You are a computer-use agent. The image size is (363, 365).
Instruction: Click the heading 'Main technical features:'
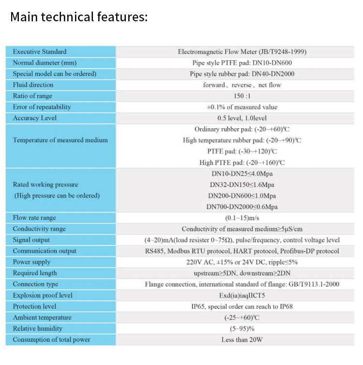(x=79, y=17)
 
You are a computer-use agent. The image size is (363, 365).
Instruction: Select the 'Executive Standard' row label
(x=40, y=52)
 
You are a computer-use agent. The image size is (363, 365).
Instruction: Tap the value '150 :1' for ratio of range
(x=242, y=96)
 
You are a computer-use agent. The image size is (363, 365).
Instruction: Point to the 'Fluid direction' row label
(x=33, y=85)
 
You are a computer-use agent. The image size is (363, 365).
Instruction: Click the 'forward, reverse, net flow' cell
(x=242, y=85)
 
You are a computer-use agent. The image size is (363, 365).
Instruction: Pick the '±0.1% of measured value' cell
(x=242, y=107)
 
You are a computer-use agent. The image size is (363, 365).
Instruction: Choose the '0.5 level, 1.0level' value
(x=242, y=118)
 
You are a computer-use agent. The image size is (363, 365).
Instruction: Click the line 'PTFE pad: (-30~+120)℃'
(x=242, y=152)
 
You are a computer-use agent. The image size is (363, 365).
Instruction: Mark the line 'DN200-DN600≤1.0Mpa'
(x=242, y=196)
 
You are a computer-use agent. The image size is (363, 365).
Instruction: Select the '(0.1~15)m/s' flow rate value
(x=242, y=218)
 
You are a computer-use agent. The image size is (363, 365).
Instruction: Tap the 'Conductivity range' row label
(x=39, y=229)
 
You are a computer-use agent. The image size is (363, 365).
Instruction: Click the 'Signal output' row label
(x=31, y=240)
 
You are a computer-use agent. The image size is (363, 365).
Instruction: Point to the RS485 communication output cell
(x=242, y=251)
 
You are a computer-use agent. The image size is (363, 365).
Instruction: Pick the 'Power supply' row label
(x=31, y=262)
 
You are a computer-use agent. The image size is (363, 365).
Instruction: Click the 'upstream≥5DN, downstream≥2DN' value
(x=242, y=273)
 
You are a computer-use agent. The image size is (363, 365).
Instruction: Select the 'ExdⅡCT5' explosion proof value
(x=242, y=295)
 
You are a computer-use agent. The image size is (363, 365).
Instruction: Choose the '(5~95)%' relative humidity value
(x=242, y=329)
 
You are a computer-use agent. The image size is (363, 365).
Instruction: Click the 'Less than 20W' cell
(x=242, y=340)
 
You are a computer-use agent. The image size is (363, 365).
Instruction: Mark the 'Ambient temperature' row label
(x=42, y=318)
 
